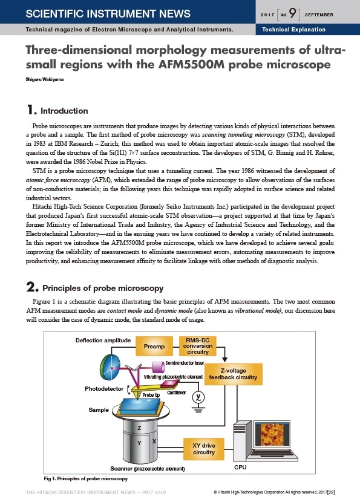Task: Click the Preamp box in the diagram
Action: pos(154,346)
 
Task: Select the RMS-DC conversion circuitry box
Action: pos(198,346)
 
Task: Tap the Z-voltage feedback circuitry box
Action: pos(234,374)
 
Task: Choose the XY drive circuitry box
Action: pos(204,449)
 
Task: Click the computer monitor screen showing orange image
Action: pos(272,434)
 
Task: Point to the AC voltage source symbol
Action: pos(198,397)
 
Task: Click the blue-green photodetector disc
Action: pos(110,368)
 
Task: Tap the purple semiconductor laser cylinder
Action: pos(158,367)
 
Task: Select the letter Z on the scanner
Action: pos(139,428)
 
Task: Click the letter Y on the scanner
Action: pos(139,443)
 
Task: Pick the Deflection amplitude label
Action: pos(103,341)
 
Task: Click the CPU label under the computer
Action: pos(240,467)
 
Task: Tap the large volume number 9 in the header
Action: pos(293,13)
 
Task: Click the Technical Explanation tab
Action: pos(294,30)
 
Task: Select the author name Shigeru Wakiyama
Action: pos(45,79)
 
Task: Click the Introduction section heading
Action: pos(64,111)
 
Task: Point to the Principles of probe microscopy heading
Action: pos(103,288)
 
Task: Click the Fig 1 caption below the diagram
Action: pos(86,478)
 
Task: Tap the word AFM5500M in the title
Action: pos(191,65)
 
